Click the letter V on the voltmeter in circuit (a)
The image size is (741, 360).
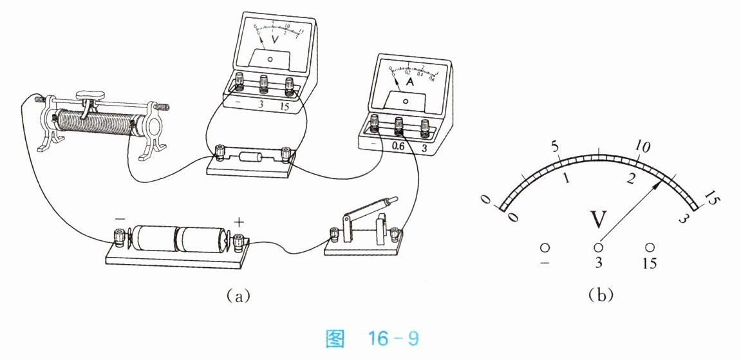coord(275,40)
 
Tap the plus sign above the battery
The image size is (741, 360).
coord(239,222)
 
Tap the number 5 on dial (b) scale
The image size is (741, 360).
coord(556,146)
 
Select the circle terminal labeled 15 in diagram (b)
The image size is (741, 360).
coord(651,247)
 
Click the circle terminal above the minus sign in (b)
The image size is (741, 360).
coord(545,247)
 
